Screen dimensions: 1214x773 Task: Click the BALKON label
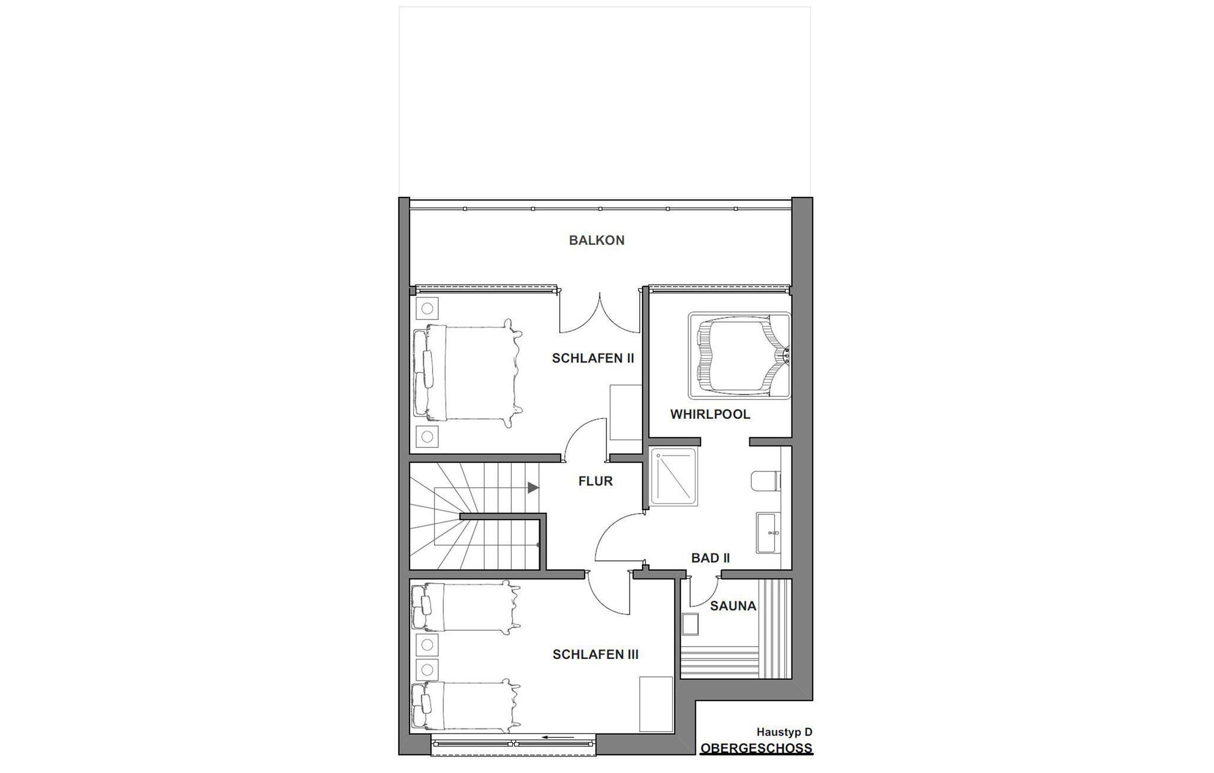point(596,240)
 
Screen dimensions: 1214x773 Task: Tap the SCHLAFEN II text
point(593,358)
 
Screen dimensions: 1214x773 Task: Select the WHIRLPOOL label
point(710,415)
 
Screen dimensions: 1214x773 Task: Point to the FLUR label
point(595,481)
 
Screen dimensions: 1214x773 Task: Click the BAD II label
point(710,558)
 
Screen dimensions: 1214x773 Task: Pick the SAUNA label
point(733,606)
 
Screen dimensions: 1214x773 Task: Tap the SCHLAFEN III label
point(595,655)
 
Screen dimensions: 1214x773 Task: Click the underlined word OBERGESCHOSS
point(756,748)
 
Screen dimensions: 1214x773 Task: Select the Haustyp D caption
point(784,733)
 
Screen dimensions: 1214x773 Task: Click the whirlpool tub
point(739,356)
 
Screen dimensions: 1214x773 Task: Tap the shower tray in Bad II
point(673,478)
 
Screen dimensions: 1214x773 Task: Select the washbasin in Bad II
point(768,533)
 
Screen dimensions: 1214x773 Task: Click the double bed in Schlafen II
point(467,373)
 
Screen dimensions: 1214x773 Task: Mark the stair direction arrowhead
point(533,488)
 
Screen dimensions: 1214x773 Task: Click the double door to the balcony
point(600,313)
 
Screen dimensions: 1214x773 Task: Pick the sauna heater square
point(690,624)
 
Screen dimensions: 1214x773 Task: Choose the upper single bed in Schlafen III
point(465,607)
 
